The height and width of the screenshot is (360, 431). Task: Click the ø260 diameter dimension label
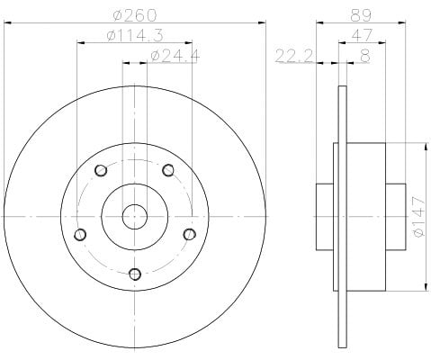coord(135,15)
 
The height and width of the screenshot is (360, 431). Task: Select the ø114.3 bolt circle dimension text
coord(135,36)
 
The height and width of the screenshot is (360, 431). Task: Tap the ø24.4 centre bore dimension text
coord(175,56)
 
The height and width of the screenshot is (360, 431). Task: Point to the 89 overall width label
coord(361,15)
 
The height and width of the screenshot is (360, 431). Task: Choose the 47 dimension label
coord(362,36)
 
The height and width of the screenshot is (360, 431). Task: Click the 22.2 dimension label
coord(294,56)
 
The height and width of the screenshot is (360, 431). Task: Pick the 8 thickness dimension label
coord(364,56)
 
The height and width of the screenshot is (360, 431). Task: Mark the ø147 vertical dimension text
coord(419,216)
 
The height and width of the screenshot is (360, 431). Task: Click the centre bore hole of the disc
coord(135,216)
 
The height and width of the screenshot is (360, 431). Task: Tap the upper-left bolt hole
coord(101,171)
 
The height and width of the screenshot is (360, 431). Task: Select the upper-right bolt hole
coord(168,170)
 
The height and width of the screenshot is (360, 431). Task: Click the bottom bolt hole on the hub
coord(135,274)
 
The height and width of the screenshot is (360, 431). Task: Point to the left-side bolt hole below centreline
coord(80,234)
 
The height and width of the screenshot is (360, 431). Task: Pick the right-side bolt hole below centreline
coord(189,234)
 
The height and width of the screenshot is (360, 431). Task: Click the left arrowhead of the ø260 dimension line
coord(7,22)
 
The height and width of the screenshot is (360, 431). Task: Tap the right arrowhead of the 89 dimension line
coord(402,22)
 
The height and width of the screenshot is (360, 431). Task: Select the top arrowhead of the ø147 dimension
coord(426,147)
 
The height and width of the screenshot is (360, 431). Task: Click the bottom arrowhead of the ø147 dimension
coord(426,287)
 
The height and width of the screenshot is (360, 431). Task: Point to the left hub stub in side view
coord(325,217)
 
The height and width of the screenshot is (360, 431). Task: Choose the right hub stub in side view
coord(396,217)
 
